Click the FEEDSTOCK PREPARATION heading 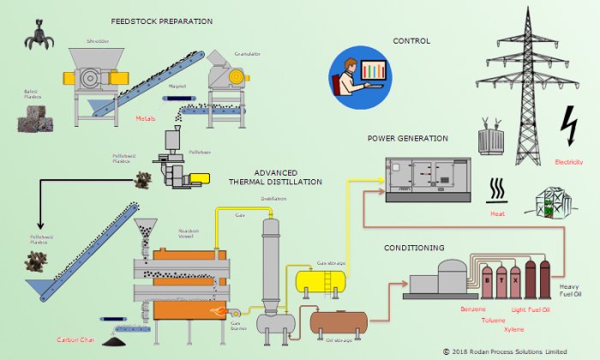(162, 21)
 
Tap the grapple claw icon (39, 34)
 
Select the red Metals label (147, 118)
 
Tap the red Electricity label (568, 162)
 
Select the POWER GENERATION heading (408, 138)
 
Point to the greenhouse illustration (552, 206)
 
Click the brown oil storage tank (339, 323)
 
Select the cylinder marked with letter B (486, 279)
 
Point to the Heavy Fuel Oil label (570, 291)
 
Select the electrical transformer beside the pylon (491, 136)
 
